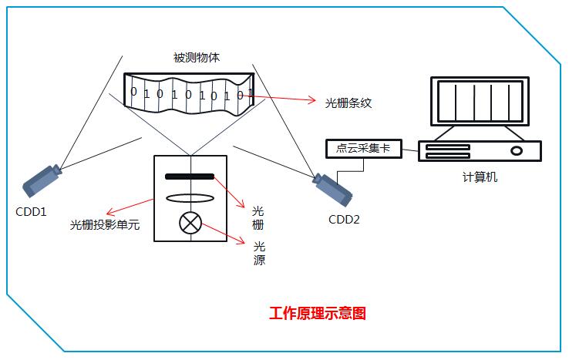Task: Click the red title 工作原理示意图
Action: pos(317,314)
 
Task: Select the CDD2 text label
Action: pos(344,219)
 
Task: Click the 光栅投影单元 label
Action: pos(105,225)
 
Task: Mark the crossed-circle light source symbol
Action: pos(190,224)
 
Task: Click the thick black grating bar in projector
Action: pos(190,177)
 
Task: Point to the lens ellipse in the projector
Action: pos(190,198)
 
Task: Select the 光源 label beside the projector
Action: pos(259,254)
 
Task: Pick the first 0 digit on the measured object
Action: pos(133,92)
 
